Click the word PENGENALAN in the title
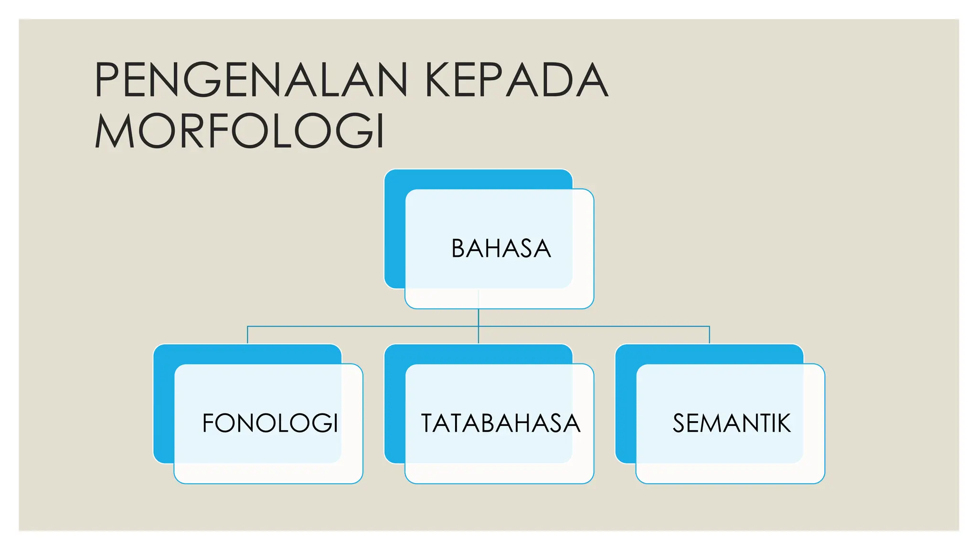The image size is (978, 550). pos(251,80)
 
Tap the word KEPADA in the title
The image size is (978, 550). pos(516,80)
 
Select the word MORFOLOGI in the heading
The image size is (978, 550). pos(240,131)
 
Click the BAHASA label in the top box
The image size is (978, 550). pos(501,249)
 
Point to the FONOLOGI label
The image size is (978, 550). pos(270,423)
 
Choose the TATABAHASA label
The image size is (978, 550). pos(500,423)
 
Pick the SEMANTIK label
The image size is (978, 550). pos(732,423)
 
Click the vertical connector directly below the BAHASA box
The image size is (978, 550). pos(478,317)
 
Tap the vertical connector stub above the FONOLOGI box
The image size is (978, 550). pos(247,335)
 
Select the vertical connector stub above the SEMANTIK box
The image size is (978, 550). pos(710,335)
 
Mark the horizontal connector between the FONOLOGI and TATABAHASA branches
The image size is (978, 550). pos(363,327)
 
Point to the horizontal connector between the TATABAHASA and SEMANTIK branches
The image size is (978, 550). pos(594,327)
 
